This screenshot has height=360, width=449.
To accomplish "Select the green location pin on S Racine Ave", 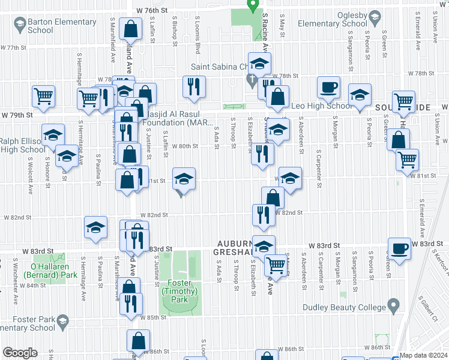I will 253,6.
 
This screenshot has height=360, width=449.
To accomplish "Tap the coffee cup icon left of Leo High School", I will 328,88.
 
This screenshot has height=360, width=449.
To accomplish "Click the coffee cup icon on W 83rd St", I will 399,248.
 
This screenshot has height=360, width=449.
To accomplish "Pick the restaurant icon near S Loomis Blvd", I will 194,86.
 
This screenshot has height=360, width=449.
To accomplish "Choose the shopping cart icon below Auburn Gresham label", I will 276,263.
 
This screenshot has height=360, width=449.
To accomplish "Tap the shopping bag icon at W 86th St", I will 138,341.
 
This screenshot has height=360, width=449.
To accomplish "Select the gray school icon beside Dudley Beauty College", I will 394,306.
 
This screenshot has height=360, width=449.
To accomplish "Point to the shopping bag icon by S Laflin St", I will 130,28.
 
